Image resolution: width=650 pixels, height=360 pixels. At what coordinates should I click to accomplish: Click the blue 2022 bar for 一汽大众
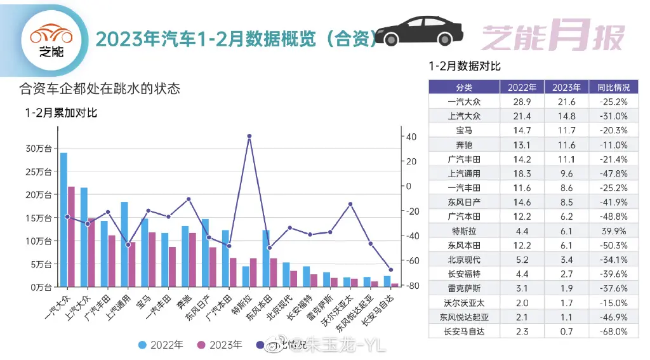(63, 219)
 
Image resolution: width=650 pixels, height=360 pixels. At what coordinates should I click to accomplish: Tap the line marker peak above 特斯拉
(249, 136)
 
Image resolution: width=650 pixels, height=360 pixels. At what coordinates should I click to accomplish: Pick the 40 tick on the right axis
(411, 137)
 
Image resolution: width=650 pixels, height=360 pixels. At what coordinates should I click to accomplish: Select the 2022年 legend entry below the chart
(161, 345)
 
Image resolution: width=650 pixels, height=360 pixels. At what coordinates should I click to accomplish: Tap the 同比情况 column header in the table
(609, 88)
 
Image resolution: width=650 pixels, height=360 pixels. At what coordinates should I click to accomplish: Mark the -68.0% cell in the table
(609, 331)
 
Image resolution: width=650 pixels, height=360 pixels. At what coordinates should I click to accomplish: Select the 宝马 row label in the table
(464, 130)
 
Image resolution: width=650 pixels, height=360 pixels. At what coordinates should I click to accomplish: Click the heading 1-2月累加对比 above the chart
(61, 113)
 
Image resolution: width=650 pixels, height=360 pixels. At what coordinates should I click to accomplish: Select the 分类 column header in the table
(464, 88)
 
